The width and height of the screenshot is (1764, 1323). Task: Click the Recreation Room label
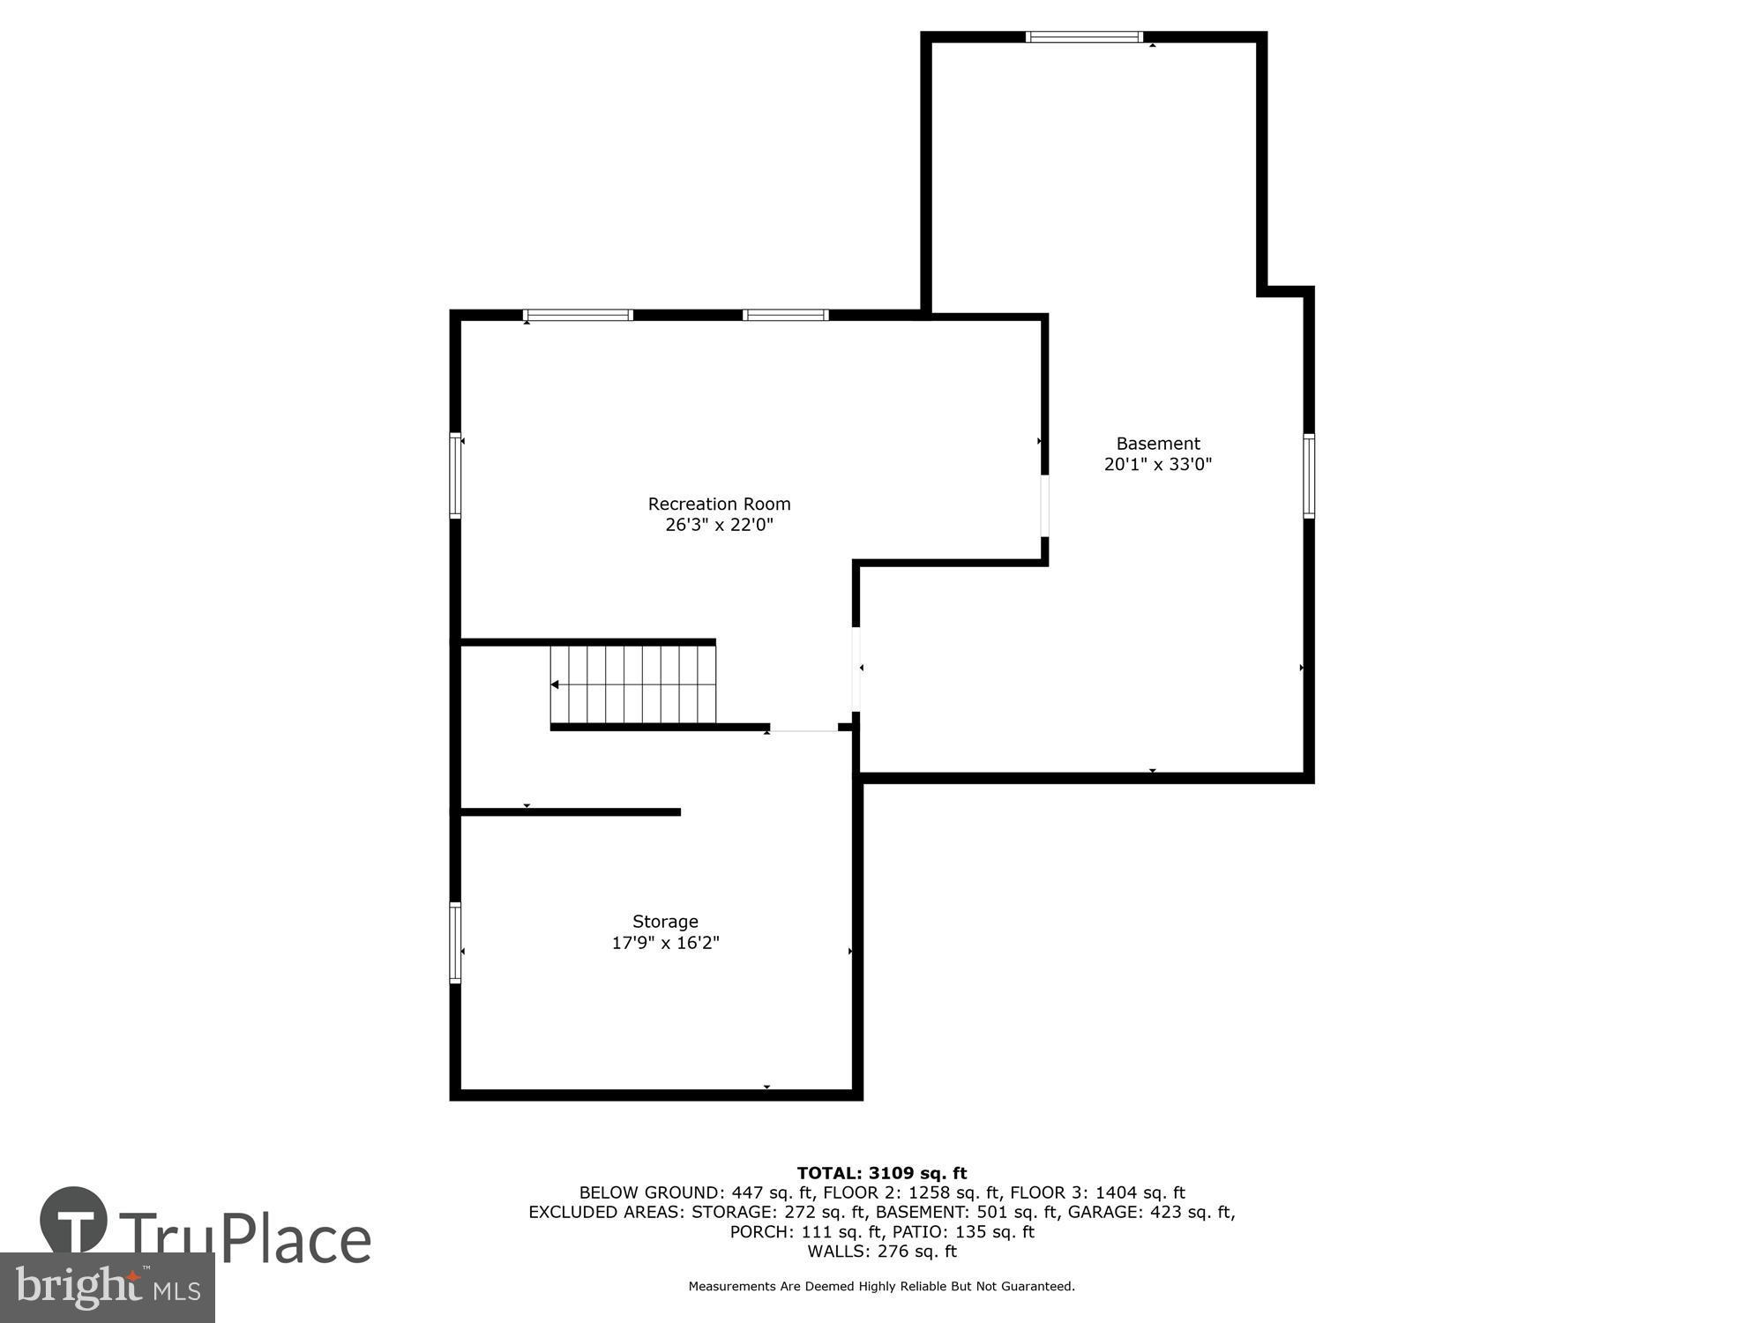pos(719,504)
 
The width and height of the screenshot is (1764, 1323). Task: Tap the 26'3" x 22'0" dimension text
pos(719,525)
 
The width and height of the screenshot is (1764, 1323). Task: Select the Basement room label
pos(1158,444)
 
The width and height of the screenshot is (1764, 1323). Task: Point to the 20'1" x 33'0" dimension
pos(1158,464)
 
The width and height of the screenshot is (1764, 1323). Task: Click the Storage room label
pos(665,922)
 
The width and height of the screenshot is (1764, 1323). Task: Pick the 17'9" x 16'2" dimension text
pos(665,943)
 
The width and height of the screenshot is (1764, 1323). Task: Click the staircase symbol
pos(633,684)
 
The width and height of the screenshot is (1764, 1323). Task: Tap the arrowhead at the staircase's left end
pos(555,684)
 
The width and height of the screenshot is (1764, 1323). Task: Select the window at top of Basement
pos(1084,37)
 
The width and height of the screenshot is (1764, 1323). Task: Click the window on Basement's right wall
pos(1309,475)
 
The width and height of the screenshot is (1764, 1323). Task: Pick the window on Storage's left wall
pos(455,942)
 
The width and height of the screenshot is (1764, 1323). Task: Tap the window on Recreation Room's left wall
pos(455,475)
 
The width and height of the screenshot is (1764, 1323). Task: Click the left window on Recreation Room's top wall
pos(578,315)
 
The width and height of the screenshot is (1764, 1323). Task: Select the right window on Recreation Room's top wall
pos(785,315)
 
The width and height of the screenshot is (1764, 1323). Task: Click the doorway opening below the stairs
pos(804,729)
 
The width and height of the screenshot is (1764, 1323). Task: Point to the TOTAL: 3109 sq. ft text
pos(882,1173)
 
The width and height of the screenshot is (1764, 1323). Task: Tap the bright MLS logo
pos(107,1288)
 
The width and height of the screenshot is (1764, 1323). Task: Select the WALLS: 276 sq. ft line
pos(882,1251)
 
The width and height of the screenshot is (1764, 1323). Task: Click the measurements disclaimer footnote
pos(882,1287)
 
